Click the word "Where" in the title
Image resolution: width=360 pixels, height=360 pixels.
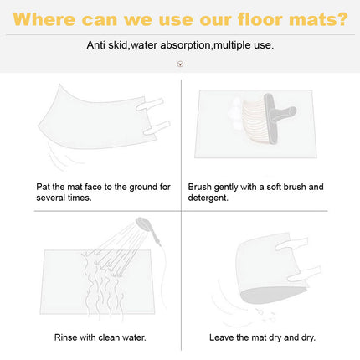point(44,19)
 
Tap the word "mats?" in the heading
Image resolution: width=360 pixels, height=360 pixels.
point(318,19)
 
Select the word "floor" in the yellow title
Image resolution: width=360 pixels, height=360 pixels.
point(260,19)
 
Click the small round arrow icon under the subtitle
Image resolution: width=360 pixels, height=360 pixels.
point(180,64)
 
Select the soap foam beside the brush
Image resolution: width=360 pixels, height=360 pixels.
point(234,114)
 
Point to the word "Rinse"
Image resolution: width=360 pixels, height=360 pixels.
point(65,337)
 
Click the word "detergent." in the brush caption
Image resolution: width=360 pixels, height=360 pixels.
point(208,198)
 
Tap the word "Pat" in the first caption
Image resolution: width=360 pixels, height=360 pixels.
point(43,187)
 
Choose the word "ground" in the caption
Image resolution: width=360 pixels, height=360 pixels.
point(144,187)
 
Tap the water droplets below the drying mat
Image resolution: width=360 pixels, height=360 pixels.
point(265,315)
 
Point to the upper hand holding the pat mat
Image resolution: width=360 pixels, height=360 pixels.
point(149,105)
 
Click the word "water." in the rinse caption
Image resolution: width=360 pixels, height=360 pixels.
point(134,337)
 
